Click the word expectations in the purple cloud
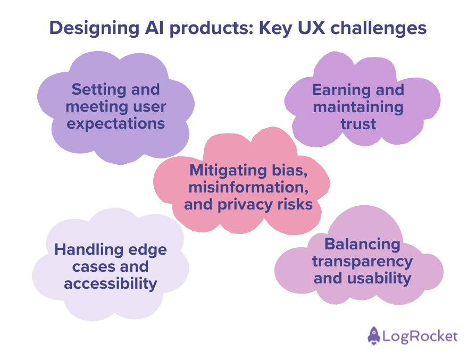click(115, 123)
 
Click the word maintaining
click(358, 106)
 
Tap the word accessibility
click(111, 283)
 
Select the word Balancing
click(362, 244)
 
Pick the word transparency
click(362, 261)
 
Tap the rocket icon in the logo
click(374, 336)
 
